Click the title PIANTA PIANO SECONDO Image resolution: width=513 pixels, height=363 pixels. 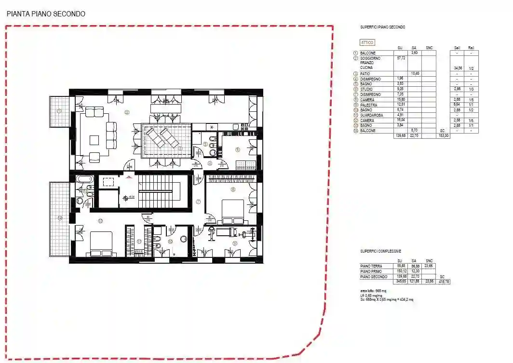click(x=46, y=14)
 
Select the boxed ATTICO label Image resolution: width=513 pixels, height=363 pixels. click(x=367, y=42)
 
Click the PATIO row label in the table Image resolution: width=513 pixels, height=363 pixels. click(x=366, y=74)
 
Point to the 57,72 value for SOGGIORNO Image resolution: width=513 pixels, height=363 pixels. click(x=400, y=58)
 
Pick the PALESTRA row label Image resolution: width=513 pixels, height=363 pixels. click(x=369, y=105)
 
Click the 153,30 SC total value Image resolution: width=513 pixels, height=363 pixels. click(x=444, y=136)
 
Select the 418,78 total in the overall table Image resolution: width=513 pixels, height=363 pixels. click(x=444, y=282)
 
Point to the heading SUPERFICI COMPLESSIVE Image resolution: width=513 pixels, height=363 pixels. click(x=380, y=251)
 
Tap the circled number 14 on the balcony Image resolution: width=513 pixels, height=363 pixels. click(x=59, y=218)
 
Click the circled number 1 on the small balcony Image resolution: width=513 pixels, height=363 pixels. click(x=59, y=110)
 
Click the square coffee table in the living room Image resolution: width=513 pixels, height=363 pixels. click(x=94, y=140)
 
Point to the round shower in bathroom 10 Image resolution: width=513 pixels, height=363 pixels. click(x=183, y=239)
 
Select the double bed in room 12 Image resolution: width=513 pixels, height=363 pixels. click(x=101, y=243)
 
